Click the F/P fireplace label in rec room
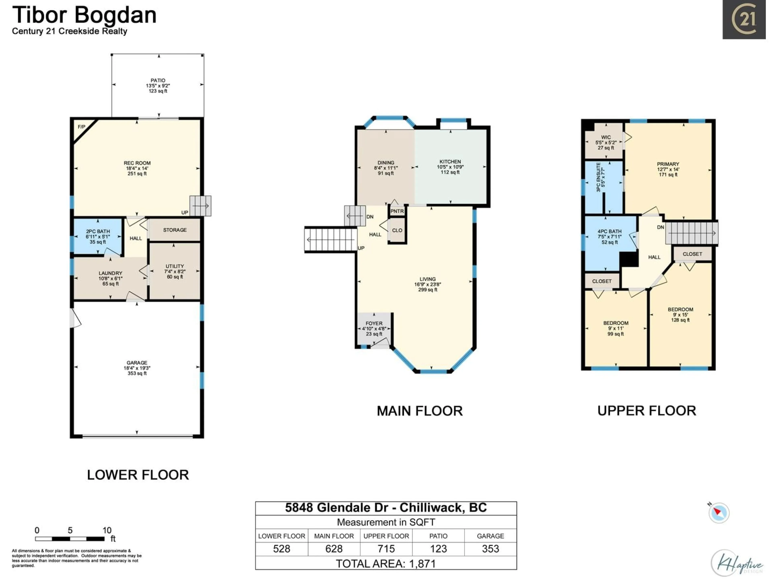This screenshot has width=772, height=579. (81, 127)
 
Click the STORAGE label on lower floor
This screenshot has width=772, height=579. (175, 230)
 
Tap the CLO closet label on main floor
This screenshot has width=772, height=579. (397, 230)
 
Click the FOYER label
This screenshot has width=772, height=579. (374, 323)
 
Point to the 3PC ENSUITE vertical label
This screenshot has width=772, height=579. (599, 177)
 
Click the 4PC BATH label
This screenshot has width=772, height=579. (609, 231)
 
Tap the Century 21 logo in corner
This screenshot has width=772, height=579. (744, 20)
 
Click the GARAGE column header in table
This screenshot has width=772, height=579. (490, 536)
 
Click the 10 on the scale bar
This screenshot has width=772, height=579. (107, 531)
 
